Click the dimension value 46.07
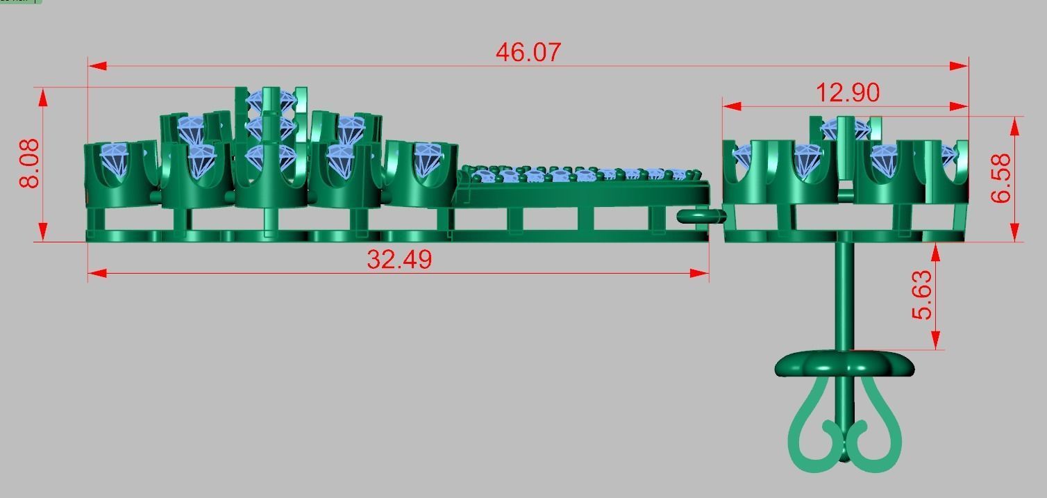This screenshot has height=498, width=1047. (528, 52)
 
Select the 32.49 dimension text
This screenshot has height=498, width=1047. (399, 260)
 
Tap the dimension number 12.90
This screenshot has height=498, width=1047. (848, 92)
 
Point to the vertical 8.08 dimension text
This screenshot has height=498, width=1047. (30, 164)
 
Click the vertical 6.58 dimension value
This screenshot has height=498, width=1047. (1001, 178)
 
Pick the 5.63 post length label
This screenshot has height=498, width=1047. (922, 295)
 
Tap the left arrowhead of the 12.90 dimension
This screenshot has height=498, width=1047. (732, 107)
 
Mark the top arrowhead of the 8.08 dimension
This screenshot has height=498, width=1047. (43, 97)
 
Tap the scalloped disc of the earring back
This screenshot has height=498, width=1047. (844, 364)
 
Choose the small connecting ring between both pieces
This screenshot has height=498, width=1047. (700, 217)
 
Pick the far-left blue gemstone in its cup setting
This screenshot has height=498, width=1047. (116, 158)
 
